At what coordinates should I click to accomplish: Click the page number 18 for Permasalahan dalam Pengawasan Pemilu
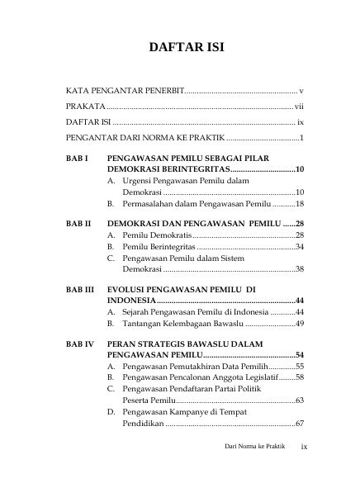(301, 202)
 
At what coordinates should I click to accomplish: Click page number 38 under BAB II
(301, 269)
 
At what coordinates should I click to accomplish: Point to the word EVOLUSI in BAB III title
(134, 290)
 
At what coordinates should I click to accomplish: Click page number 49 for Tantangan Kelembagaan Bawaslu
(301, 325)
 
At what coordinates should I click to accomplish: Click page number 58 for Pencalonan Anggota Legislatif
(301, 377)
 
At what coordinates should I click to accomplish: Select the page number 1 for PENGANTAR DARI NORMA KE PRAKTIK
(303, 137)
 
